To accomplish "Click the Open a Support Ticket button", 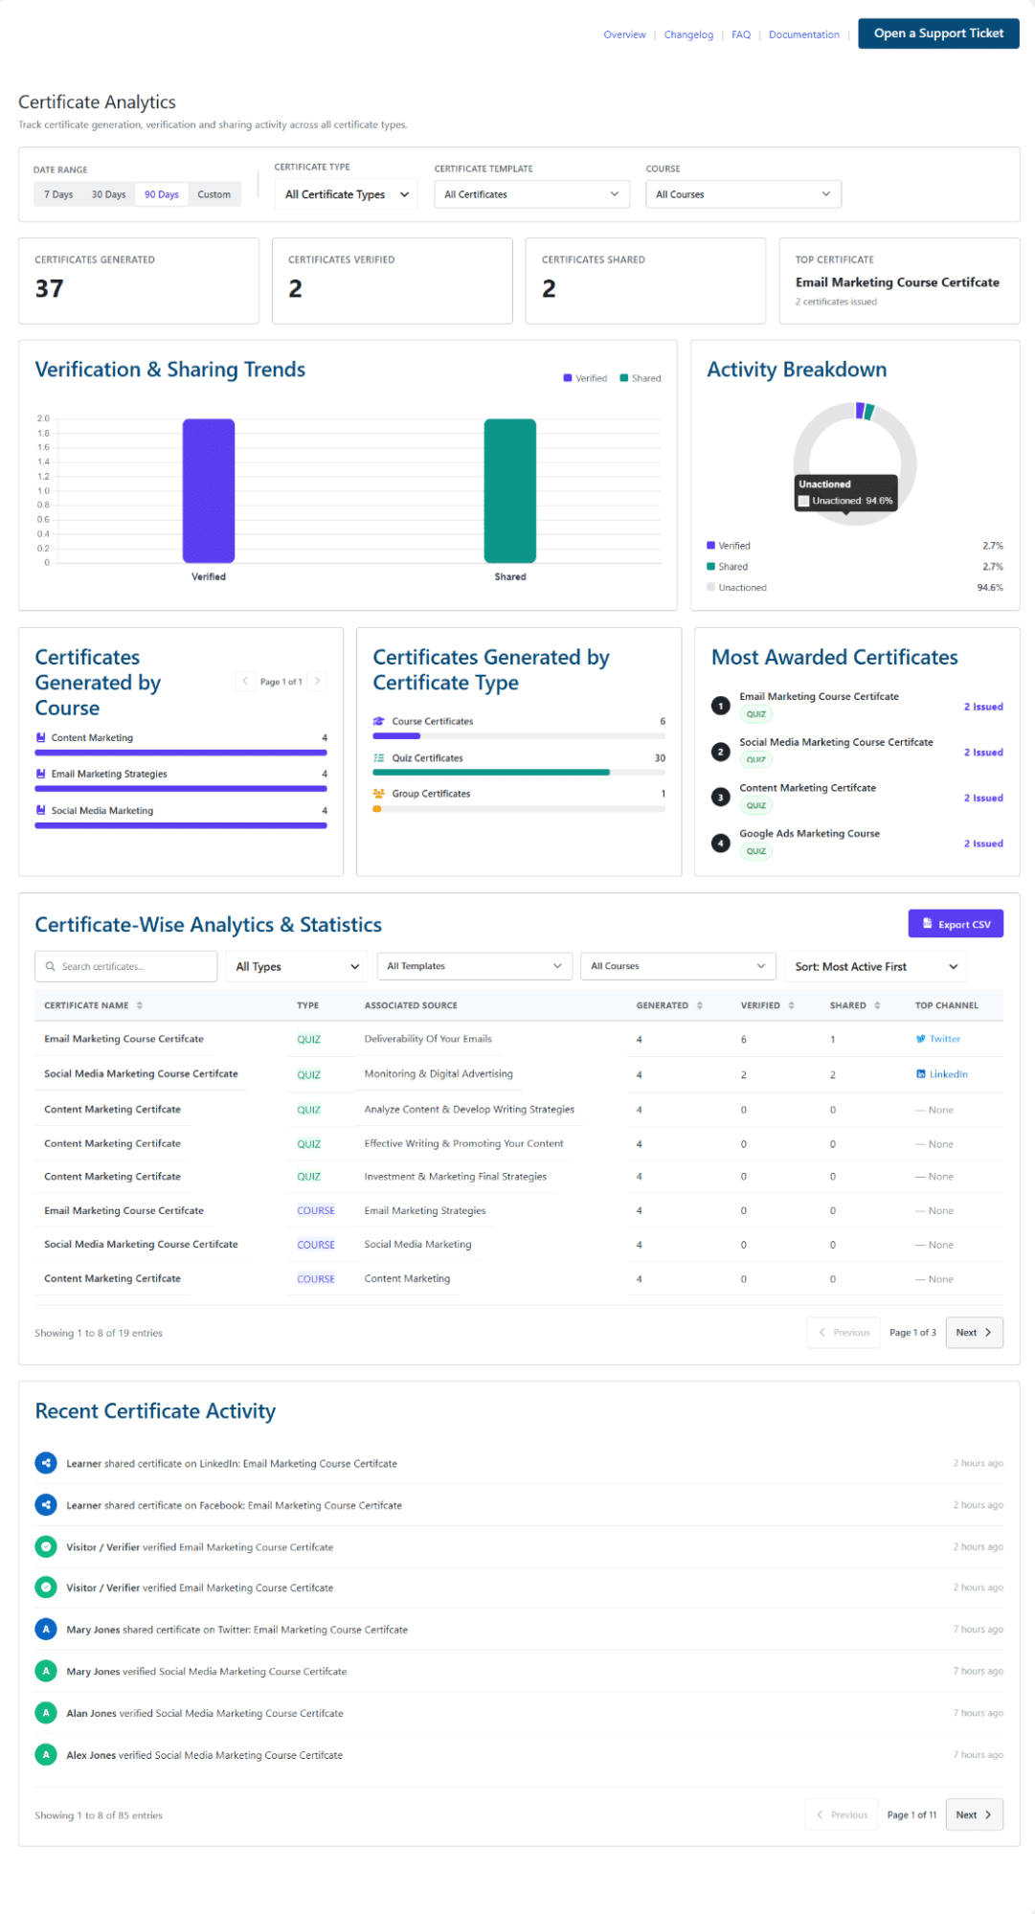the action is point(938,34).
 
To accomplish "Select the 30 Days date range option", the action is point(108,194).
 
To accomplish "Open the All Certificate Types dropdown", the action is point(347,194).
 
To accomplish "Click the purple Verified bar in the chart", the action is point(209,491).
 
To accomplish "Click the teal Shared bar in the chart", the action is point(510,491).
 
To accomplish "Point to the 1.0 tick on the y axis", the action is point(43,491).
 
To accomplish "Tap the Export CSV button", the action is point(956,924).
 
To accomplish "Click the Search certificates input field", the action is point(126,966).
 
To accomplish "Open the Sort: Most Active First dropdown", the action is point(875,966).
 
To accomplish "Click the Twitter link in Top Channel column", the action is point(938,1039).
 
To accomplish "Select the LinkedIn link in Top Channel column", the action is point(942,1074).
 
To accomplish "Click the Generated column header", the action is point(663,1005).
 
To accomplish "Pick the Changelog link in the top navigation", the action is point(688,34).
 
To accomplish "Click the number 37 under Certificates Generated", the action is point(50,289).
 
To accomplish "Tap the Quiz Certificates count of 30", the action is point(660,758).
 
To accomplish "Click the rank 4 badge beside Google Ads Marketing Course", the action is point(721,844).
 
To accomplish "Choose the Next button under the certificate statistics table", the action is point(974,1333).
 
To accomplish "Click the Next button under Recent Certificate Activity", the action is point(974,1814).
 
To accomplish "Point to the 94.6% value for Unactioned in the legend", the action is point(990,588).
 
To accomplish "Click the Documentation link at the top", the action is point(803,34).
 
